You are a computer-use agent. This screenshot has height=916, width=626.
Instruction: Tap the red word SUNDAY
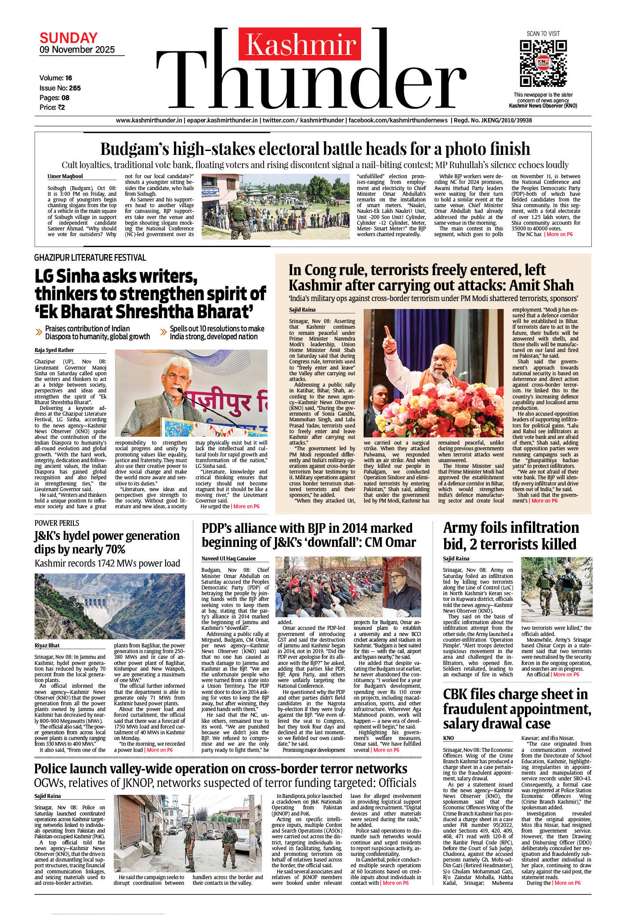click(69, 38)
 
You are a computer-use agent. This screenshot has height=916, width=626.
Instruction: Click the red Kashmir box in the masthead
click(300, 44)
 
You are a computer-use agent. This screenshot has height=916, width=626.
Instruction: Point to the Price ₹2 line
click(52, 108)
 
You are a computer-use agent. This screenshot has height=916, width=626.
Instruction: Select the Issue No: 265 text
click(60, 88)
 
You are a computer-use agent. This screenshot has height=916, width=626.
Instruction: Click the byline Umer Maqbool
click(65, 176)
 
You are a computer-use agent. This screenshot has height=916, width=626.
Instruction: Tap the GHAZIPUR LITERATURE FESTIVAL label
click(90, 258)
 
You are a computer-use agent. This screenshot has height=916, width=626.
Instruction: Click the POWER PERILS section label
click(57, 523)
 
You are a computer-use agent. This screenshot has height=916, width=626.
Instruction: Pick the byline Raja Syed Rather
click(54, 350)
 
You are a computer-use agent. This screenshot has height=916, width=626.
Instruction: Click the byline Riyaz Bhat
click(47, 646)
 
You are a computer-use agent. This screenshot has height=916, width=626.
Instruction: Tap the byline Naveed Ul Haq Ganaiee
click(228, 559)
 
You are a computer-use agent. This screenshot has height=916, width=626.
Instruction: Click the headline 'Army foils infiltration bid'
click(511, 536)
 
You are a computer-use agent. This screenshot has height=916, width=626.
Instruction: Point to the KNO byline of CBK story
click(449, 738)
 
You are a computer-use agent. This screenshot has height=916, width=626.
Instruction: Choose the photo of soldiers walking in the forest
click(556, 589)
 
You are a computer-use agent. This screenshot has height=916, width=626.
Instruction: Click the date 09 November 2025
click(77, 50)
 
